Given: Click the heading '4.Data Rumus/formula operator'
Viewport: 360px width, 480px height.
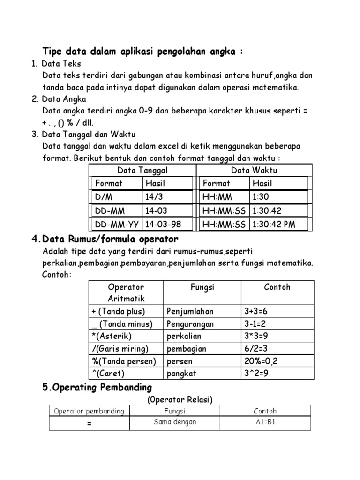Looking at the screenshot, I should click(x=105, y=240).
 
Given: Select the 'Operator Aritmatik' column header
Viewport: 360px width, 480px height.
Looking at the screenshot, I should click(x=126, y=292).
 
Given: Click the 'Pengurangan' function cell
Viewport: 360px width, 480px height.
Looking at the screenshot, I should click(x=190, y=323).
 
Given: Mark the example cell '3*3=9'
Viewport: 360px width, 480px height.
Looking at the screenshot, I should click(x=256, y=336).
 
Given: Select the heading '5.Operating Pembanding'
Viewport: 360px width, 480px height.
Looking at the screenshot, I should click(x=97, y=388).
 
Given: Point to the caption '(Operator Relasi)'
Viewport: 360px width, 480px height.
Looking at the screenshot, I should click(x=180, y=399).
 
